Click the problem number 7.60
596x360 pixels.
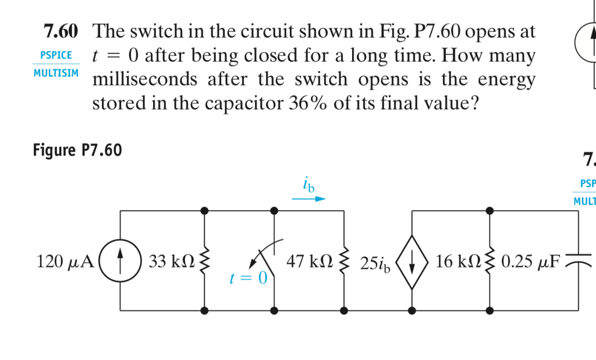tap(63, 31)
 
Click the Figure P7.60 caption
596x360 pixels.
tap(77, 151)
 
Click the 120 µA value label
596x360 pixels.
tap(64, 262)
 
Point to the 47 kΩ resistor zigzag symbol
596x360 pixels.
tap(344, 261)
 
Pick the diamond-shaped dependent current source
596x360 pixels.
tap(412, 261)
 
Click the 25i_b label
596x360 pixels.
tap(376, 263)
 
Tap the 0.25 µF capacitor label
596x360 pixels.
tap(531, 262)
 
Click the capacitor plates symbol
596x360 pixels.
tap(577, 258)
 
